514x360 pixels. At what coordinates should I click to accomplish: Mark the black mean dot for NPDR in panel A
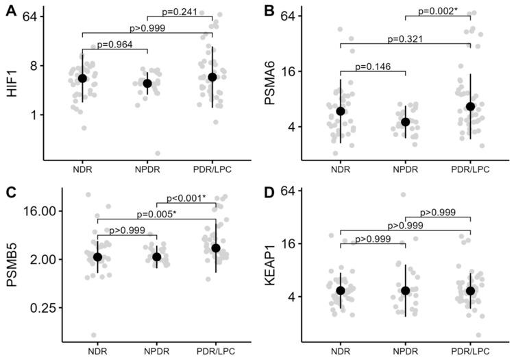point(147,84)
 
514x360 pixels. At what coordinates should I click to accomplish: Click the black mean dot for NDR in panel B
point(341,111)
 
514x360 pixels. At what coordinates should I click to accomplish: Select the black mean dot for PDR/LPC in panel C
point(216,248)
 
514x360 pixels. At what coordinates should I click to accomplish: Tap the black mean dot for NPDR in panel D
point(405,291)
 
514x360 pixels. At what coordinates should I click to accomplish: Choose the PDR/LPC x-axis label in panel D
point(471,350)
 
